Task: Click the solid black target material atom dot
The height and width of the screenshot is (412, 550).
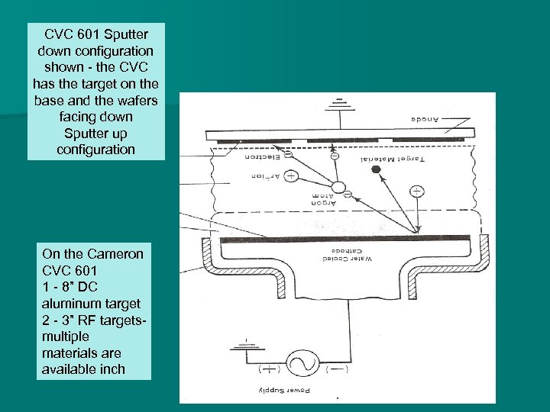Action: pos(376,169)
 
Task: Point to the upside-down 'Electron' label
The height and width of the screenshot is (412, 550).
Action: pos(262,159)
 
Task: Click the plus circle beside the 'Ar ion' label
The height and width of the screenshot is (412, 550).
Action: pos(291,175)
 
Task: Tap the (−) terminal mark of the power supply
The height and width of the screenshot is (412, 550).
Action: pos(335,370)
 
